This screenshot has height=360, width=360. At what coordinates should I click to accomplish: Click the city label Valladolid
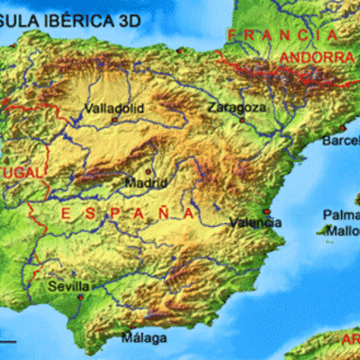(x=113, y=109)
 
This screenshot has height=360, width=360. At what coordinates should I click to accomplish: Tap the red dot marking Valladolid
(x=114, y=119)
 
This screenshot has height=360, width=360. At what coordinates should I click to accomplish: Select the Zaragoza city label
(x=236, y=107)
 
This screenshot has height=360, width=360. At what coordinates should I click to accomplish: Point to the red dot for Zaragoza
(x=241, y=118)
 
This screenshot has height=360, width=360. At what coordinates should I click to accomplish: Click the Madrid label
(x=146, y=182)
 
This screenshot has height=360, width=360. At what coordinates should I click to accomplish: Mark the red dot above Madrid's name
(x=148, y=171)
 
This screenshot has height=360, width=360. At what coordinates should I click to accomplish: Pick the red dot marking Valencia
(x=265, y=213)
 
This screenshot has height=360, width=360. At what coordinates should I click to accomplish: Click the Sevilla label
(x=69, y=285)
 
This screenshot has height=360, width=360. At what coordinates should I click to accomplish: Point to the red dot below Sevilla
(x=80, y=296)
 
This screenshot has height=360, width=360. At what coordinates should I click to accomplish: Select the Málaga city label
(x=144, y=338)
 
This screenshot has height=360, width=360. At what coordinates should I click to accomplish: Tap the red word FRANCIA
(x=282, y=35)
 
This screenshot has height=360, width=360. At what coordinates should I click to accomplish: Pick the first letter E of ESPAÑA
(x=66, y=214)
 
